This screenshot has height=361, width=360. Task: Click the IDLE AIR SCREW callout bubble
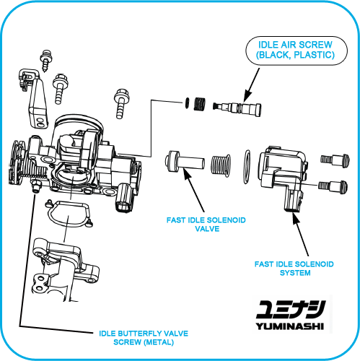pyautogui.click(x=297, y=51)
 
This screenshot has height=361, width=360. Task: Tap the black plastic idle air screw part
pyautogui.click(x=237, y=109)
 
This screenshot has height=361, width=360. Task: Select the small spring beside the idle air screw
pyautogui.click(x=199, y=104)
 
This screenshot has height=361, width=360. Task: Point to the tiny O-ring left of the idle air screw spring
pyautogui.click(x=187, y=103)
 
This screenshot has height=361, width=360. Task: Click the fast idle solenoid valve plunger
pyautogui.click(x=185, y=162)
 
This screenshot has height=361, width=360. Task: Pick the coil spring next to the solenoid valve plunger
pyautogui.click(x=221, y=165)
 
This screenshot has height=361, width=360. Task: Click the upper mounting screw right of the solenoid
pyautogui.click(x=335, y=160)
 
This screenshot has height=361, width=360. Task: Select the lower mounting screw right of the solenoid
pyautogui.click(x=333, y=186)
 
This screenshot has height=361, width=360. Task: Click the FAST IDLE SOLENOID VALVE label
pyautogui.click(x=206, y=225)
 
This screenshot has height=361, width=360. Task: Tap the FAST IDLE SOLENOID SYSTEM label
pyautogui.click(x=294, y=269)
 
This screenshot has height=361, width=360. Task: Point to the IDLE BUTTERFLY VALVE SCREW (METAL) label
pyautogui.click(x=144, y=338)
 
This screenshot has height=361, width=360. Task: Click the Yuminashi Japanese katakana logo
pyautogui.click(x=291, y=309)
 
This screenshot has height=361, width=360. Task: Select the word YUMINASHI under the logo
pyautogui.click(x=290, y=326)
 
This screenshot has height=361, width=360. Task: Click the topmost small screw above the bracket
pyautogui.click(x=46, y=61)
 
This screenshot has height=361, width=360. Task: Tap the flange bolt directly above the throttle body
pyautogui.click(x=121, y=103)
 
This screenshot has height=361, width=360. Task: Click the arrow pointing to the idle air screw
pyautogui.click(x=252, y=85)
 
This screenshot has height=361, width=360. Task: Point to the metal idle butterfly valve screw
pyautogui.click(x=36, y=187)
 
